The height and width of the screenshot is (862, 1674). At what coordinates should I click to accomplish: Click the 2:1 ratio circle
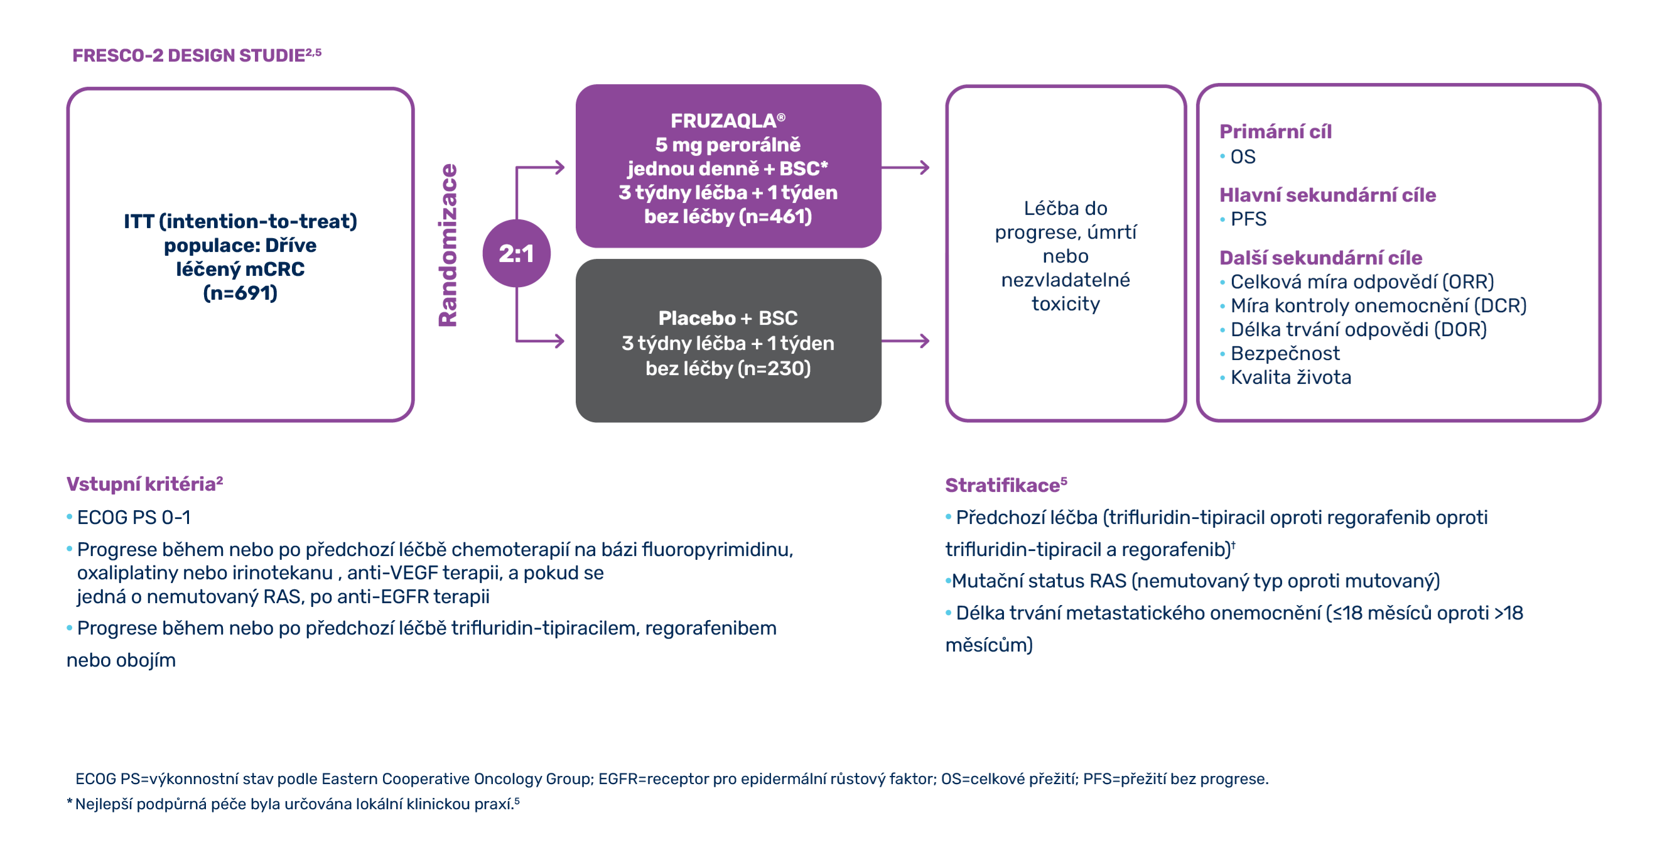[x=516, y=254]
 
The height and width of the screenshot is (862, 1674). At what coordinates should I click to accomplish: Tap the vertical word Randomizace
[x=448, y=245]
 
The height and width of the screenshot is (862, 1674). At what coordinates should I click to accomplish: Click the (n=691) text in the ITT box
[x=240, y=293]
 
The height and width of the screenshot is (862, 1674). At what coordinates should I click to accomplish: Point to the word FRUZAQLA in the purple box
[x=723, y=121]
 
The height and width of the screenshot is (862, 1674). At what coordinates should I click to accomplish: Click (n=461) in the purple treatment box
[x=774, y=217]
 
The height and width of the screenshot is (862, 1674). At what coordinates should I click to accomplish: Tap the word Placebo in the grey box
[x=696, y=318]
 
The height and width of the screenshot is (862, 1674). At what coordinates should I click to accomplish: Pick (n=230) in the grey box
[x=774, y=369]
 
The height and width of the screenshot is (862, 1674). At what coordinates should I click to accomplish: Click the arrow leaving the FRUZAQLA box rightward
[x=906, y=168]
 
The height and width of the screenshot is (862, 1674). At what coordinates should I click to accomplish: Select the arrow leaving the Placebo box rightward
[x=906, y=341]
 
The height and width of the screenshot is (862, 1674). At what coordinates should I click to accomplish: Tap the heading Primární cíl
[x=1275, y=132]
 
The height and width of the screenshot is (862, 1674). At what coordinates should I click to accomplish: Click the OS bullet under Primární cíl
[x=1243, y=156]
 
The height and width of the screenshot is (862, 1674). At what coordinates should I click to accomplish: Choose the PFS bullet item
[x=1248, y=219]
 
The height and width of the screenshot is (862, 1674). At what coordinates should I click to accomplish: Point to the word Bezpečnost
[x=1285, y=354]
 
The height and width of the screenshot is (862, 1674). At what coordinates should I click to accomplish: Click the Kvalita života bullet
[x=1290, y=378]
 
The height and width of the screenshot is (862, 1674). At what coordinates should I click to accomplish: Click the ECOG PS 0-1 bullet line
[x=133, y=518]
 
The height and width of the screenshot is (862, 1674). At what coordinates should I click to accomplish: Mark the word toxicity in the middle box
[x=1066, y=304]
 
